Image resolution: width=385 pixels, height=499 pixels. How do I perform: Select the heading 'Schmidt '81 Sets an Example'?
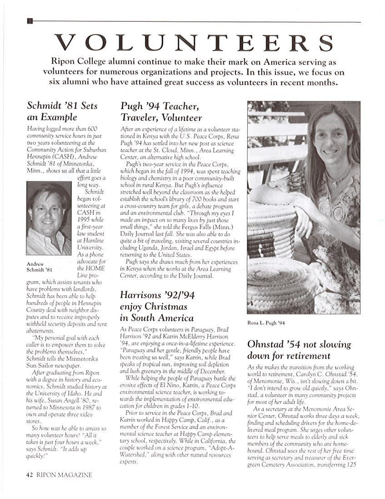point(62,111)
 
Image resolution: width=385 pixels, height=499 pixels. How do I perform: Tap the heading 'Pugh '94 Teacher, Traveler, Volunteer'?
point(161,112)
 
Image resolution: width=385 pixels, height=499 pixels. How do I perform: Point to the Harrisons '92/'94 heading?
point(157,306)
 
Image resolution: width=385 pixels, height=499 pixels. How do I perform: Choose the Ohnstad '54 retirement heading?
point(299,349)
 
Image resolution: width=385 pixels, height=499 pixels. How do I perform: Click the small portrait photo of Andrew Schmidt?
point(49,220)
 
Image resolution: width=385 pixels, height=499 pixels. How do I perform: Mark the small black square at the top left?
point(30,20)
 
